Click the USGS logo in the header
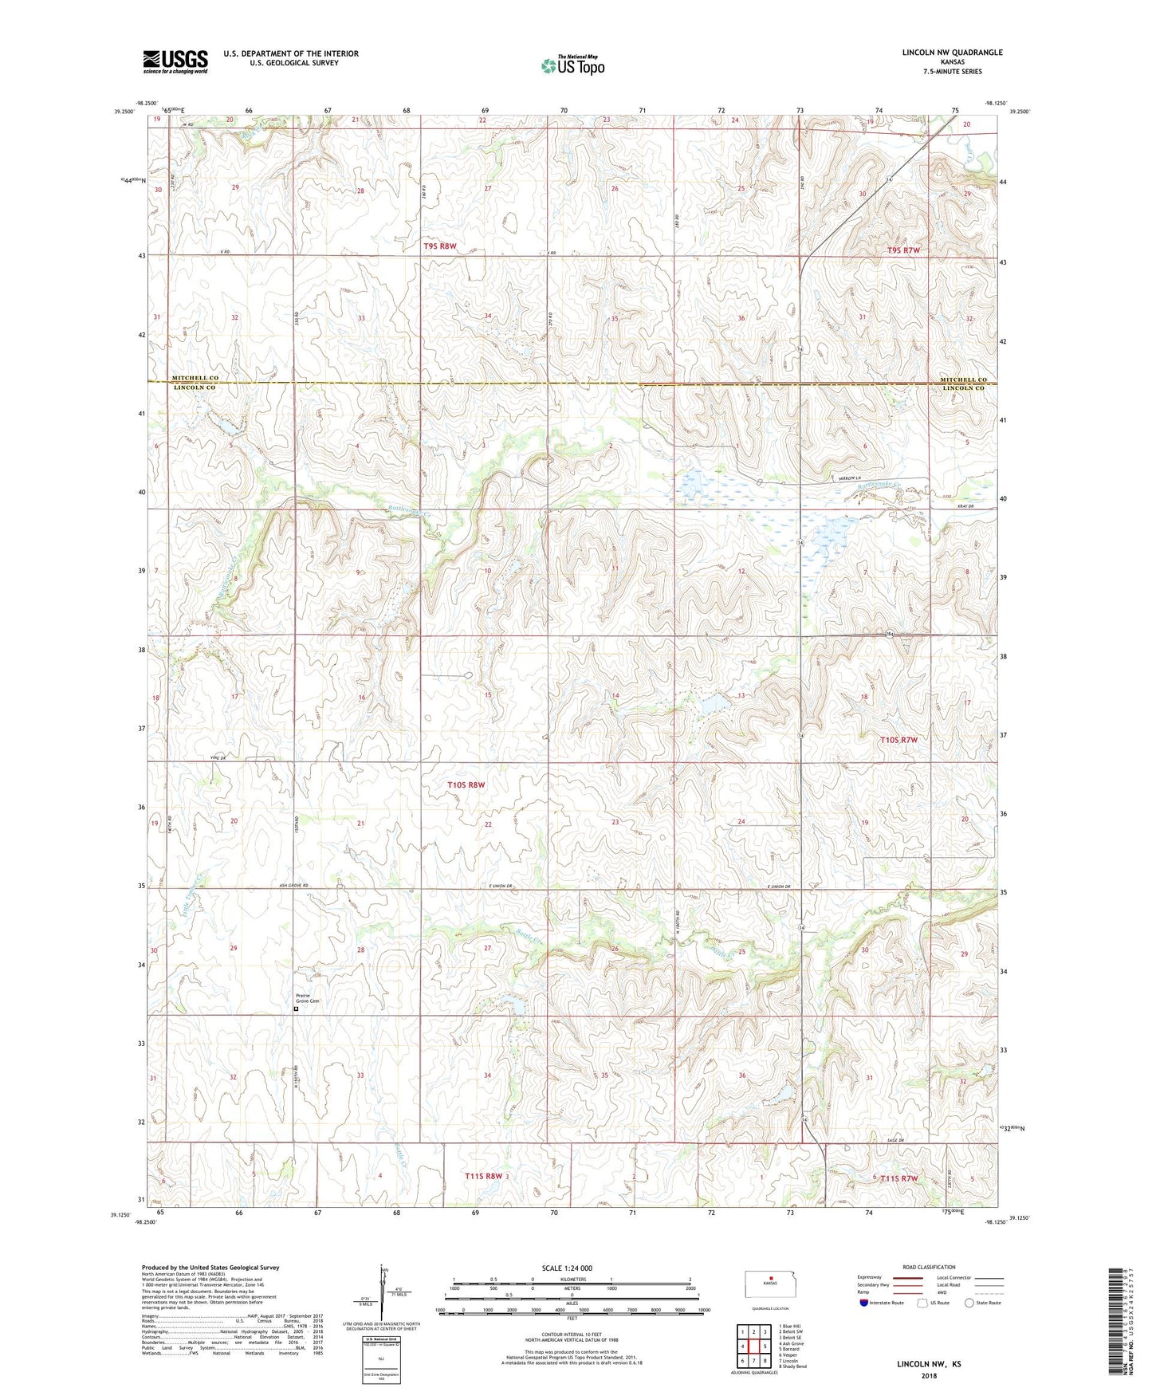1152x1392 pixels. click(175, 61)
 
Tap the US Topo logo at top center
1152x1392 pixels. click(572, 65)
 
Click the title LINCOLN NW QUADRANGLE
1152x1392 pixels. click(952, 53)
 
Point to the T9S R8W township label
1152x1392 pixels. click(439, 246)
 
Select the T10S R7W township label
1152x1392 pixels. click(898, 740)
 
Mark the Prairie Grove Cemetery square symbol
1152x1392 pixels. click(297, 1009)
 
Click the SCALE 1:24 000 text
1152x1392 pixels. click(567, 1268)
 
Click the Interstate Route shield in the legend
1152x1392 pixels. click(865, 1303)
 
